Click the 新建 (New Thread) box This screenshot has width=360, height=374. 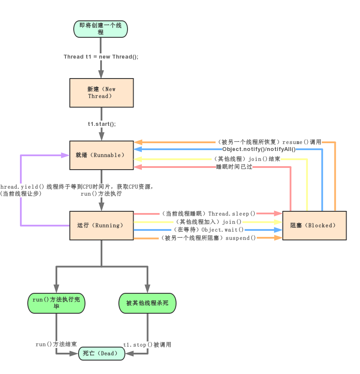pos(101,92)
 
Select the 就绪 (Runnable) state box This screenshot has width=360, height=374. pos(101,155)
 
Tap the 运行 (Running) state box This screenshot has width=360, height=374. pos(101,225)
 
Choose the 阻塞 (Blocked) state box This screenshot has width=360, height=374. pos(314,225)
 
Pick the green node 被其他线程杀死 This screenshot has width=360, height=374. pos(147,303)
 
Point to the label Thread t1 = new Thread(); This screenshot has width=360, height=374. pos(101,57)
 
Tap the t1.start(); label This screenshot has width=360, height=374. pos(101,124)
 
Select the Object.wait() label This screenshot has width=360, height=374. pos(223,230)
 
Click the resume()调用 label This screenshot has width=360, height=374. pos(301,142)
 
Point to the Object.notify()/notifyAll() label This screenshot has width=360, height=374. pos(259,149)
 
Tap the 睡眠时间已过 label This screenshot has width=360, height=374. pos(234,167)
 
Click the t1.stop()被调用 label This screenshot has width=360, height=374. pos(147,344)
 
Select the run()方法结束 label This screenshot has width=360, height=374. pos(56,344)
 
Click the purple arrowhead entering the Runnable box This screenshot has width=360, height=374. pos(65,155)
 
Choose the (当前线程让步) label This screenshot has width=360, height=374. pos(21,194)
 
